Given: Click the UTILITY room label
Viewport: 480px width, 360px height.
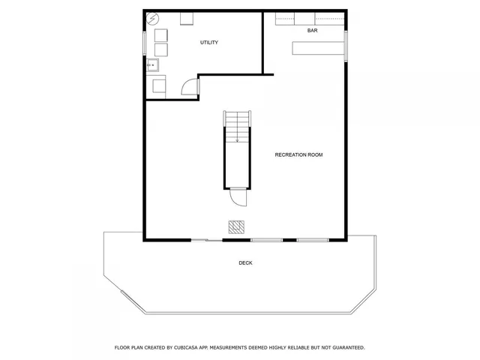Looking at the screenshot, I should [x=208, y=43].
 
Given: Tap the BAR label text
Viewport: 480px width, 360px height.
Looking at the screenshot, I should [x=312, y=31].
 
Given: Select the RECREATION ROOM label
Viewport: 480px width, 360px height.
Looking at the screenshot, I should [x=298, y=154].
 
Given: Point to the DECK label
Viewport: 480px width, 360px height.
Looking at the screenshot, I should [x=245, y=262].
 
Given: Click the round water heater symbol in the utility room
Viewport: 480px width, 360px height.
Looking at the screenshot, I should [x=154, y=19].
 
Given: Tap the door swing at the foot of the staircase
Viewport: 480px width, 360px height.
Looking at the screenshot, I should [x=238, y=198].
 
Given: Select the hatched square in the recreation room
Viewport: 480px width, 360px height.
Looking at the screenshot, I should [x=237, y=226].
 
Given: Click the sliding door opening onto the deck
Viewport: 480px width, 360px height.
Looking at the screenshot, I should [x=206, y=240].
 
